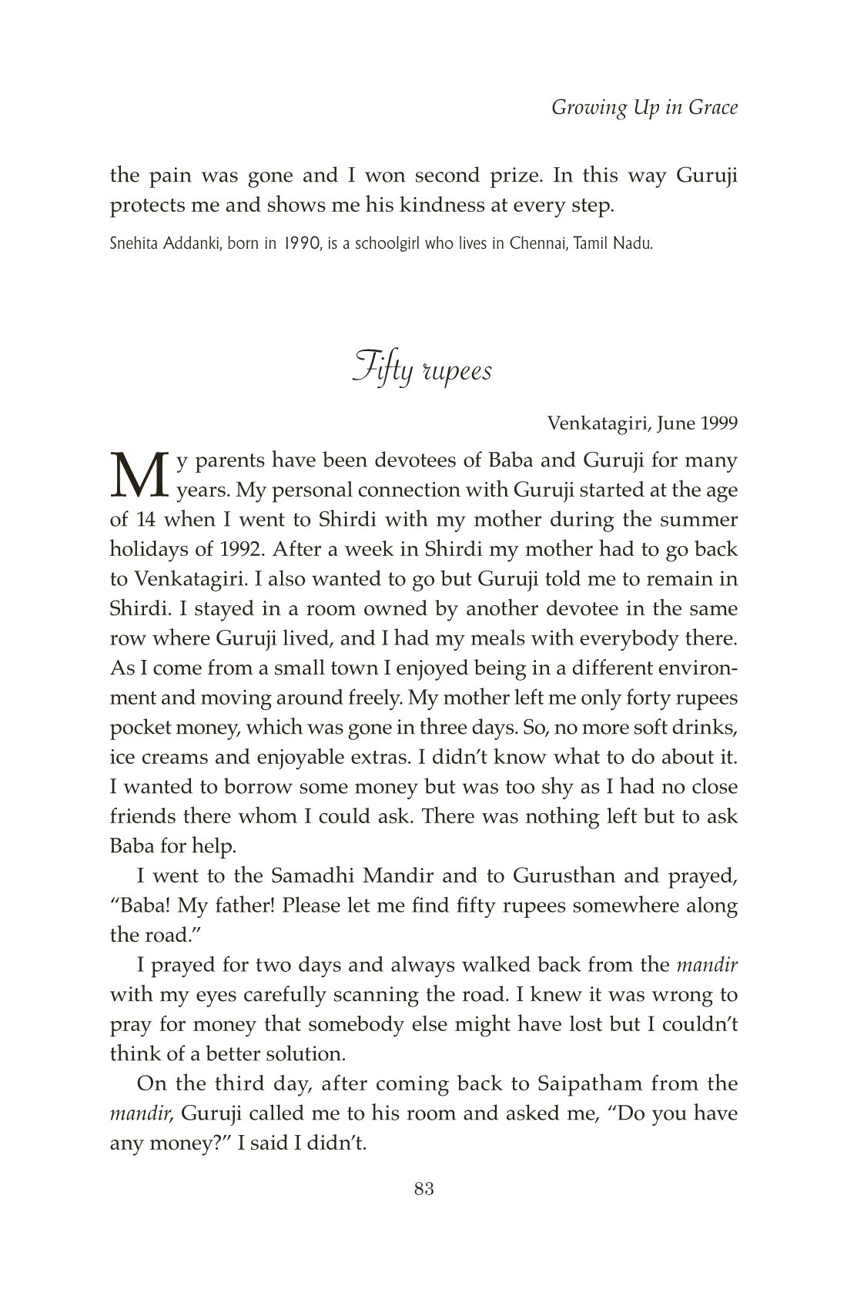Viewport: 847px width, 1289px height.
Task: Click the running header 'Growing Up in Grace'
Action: coord(644,107)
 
